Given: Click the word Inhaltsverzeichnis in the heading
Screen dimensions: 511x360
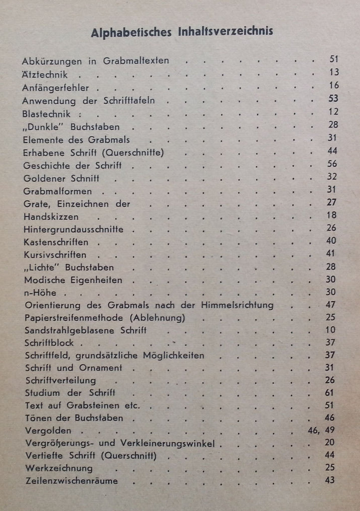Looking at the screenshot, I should tap(225, 33).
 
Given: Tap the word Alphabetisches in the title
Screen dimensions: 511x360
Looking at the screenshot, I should tap(132, 33).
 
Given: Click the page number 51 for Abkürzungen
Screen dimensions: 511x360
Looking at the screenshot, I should tap(334, 59).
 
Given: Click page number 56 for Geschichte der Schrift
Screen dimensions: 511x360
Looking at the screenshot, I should tap(333, 164).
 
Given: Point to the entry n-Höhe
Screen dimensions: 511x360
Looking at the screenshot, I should tap(40, 293).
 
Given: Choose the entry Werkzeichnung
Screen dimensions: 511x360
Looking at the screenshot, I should tap(58, 468).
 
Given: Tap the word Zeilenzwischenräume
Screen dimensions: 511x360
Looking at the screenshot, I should tap(71, 481).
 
